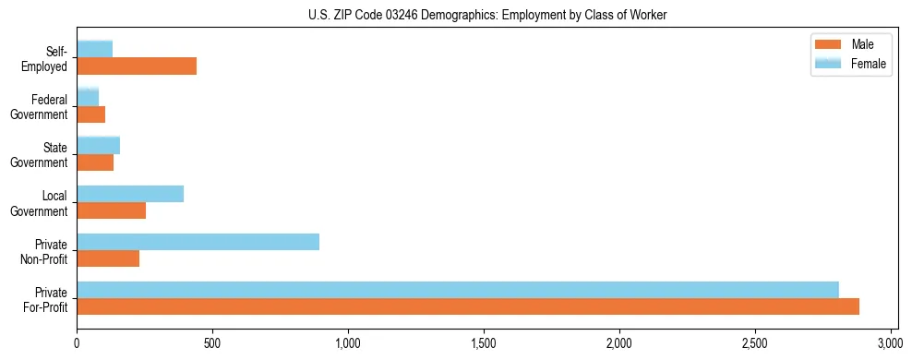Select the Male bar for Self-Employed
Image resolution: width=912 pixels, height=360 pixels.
(x=137, y=66)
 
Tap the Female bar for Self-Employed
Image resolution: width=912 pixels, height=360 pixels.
(x=95, y=49)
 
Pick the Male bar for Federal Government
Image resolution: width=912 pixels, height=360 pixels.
(x=90, y=114)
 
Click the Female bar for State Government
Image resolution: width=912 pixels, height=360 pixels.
(x=98, y=145)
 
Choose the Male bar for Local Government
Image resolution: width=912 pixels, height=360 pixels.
(x=111, y=210)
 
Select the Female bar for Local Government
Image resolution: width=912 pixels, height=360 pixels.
(x=130, y=193)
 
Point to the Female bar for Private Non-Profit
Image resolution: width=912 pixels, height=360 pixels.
(x=198, y=242)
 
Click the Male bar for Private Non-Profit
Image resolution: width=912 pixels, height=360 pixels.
(x=108, y=258)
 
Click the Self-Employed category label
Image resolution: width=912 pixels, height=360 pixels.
(x=46, y=58)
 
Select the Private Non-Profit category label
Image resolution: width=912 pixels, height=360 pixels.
(x=45, y=251)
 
